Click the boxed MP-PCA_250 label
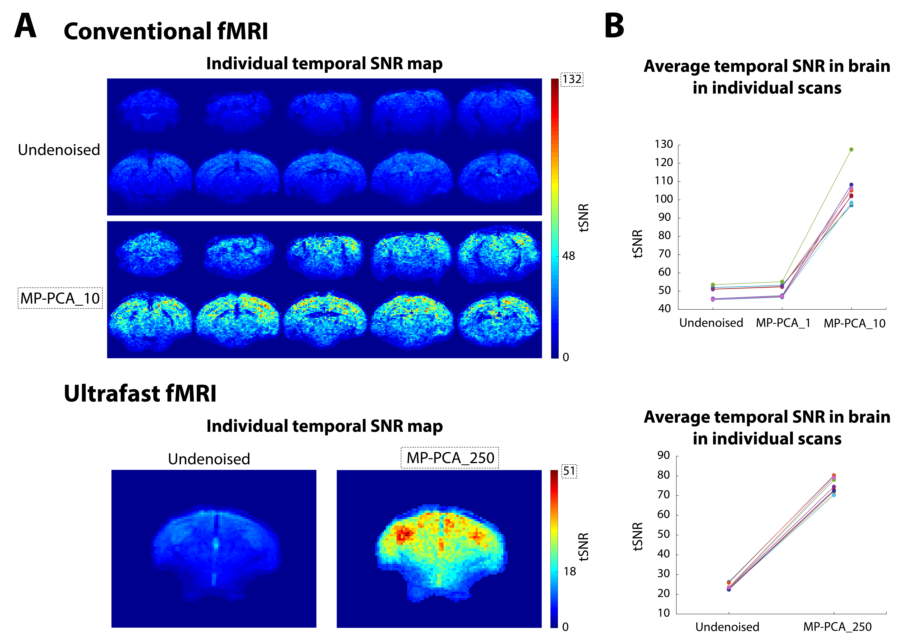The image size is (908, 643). tap(450, 458)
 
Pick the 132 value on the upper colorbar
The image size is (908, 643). tap(572, 79)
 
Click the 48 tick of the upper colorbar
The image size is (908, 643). tap(568, 256)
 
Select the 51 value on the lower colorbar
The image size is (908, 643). tap(569, 471)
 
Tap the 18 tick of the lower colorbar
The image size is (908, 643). tap(569, 571)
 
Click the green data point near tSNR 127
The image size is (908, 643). tap(851, 150)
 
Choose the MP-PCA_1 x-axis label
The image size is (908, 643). tap(783, 323)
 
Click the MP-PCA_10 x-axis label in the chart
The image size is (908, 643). tap(854, 324)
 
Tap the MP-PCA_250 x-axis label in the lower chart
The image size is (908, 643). tap(837, 627)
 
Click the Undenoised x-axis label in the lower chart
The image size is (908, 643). tap(727, 627)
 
